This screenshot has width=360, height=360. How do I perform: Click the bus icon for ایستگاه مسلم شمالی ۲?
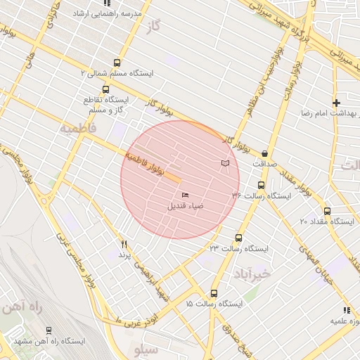point(117,63)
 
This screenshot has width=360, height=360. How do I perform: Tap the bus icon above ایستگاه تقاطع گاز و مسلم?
point(105,89)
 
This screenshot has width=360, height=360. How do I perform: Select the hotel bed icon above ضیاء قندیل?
point(186,195)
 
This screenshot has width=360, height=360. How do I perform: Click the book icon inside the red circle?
point(225,164)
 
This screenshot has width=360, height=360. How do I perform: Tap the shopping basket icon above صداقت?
point(264,153)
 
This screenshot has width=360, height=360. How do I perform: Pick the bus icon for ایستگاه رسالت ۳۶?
point(262,185)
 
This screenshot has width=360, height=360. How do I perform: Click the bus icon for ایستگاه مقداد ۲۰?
point(327,210)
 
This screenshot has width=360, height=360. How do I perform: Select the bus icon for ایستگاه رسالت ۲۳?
point(238,238)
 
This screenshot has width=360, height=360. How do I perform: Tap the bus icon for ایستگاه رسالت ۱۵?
point(214,293)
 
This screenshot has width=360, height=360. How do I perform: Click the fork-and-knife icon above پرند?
point(124,244)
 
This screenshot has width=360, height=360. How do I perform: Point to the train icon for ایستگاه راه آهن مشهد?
point(48,330)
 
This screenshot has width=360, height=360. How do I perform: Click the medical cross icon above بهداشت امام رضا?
point(336,103)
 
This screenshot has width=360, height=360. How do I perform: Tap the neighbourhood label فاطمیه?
point(77,129)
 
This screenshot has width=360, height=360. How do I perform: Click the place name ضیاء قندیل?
point(185,207)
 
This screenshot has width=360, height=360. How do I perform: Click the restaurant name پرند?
point(124,255)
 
